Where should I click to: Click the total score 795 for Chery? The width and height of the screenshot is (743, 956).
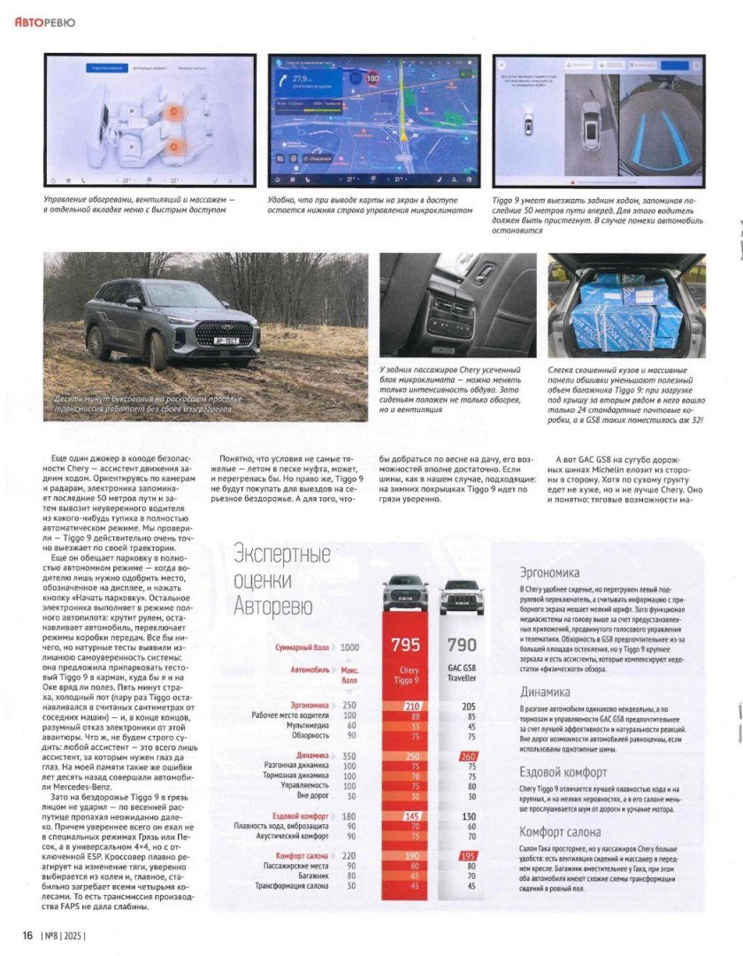(405, 645)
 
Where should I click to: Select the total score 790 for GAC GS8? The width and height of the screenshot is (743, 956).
(462, 645)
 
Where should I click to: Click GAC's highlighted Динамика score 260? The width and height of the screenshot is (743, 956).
(468, 756)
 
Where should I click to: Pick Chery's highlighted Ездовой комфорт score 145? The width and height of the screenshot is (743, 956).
(411, 815)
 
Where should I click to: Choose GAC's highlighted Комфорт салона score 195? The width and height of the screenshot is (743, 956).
(468, 855)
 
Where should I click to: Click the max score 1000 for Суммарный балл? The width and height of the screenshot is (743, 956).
(349, 647)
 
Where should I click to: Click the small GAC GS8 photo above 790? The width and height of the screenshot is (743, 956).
(462, 597)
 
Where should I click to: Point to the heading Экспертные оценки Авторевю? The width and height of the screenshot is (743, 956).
(282, 580)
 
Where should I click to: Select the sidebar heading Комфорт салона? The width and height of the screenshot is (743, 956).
(560, 831)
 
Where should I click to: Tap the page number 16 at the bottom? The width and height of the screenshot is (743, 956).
(27, 934)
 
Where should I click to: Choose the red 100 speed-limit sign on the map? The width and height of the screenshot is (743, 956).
(372, 79)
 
